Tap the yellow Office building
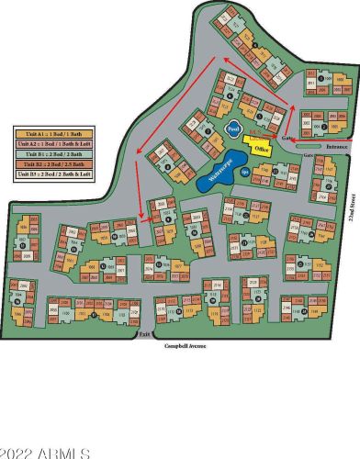(x=261, y=146)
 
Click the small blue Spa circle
(x=245, y=171)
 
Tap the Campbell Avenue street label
(x=185, y=345)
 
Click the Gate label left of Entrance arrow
(x=287, y=139)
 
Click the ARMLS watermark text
(x=45, y=452)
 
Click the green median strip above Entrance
(x=321, y=141)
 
